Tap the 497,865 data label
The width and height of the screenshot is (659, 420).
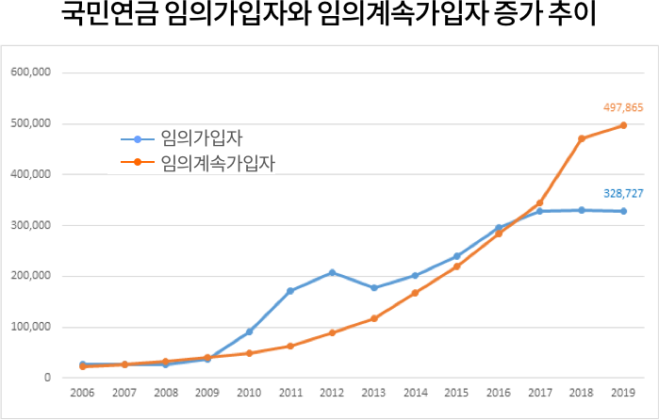tap(622, 107)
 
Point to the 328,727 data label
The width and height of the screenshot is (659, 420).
tap(622, 192)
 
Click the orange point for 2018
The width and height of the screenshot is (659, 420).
tap(582, 138)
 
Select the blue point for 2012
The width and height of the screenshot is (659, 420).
tap(332, 272)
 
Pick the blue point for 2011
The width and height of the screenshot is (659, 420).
tap(290, 291)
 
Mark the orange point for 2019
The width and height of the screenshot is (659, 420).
tap(623, 125)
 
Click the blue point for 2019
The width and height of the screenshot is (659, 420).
tap(623, 211)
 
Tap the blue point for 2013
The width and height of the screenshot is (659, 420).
tap(373, 287)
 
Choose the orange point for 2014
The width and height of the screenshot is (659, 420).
tap(415, 293)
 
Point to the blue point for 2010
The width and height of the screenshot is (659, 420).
tap(249, 331)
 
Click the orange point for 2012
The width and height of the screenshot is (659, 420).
tap(332, 332)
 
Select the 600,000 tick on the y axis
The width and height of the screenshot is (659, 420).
tap(30, 73)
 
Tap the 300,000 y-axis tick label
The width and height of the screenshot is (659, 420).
tap(30, 225)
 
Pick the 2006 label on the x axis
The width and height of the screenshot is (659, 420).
tap(82, 394)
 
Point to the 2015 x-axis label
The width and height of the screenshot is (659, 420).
tap(456, 394)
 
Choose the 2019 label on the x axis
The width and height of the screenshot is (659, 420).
tap(623, 394)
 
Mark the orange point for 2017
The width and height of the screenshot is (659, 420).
tap(540, 202)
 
